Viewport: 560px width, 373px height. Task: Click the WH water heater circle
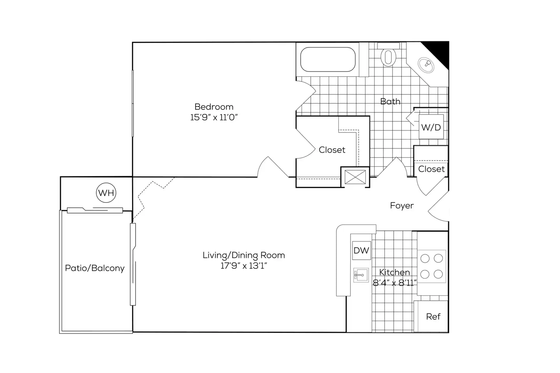(106, 193)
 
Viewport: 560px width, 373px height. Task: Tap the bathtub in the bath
(328, 59)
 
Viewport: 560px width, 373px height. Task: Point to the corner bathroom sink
(426, 65)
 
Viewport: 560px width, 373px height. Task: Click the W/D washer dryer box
(431, 127)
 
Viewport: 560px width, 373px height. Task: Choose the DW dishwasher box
(361, 250)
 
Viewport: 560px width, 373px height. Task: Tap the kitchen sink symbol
(361, 275)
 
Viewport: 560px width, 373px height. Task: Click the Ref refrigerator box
(432, 316)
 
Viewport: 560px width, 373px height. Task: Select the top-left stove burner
(425, 259)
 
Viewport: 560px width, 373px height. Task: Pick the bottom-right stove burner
(438, 274)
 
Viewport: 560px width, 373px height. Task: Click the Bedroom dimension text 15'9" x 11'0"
(214, 117)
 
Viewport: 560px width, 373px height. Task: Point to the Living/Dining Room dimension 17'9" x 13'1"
(244, 266)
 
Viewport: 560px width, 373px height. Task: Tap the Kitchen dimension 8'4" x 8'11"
(395, 283)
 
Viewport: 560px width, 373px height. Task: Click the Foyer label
(402, 206)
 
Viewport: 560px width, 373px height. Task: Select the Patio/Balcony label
(95, 268)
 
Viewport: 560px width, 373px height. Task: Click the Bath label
(390, 102)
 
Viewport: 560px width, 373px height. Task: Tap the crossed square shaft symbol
(355, 177)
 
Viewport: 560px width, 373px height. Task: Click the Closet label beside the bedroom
(332, 150)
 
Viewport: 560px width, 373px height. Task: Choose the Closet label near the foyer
(431, 169)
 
